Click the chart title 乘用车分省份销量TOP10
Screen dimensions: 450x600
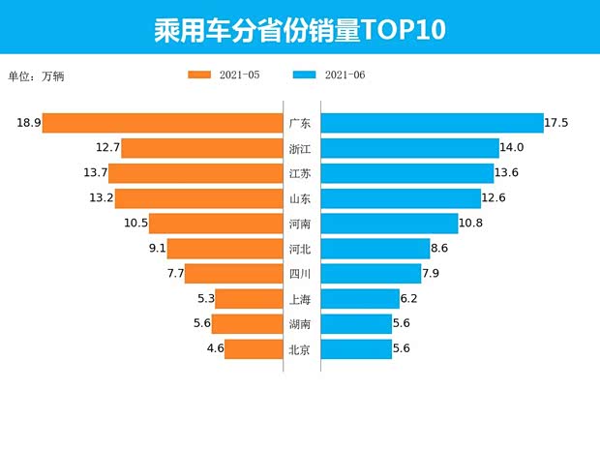(299, 29)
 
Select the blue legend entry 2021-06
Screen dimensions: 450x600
(328, 75)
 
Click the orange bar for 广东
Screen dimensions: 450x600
(163, 123)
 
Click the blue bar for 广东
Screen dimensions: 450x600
(432, 123)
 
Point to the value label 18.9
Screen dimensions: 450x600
(28, 123)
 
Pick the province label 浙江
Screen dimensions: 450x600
(300, 148)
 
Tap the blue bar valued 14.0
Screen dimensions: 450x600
(409, 148)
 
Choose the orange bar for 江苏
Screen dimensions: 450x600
(195, 173)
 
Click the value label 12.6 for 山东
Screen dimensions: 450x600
(495, 198)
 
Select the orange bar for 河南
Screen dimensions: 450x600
(216, 224)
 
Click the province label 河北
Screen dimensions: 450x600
(300, 249)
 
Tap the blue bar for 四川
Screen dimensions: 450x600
(371, 274)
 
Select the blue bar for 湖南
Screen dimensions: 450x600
(356, 324)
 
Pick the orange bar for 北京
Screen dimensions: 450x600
(254, 349)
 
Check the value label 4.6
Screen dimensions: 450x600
(215, 349)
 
